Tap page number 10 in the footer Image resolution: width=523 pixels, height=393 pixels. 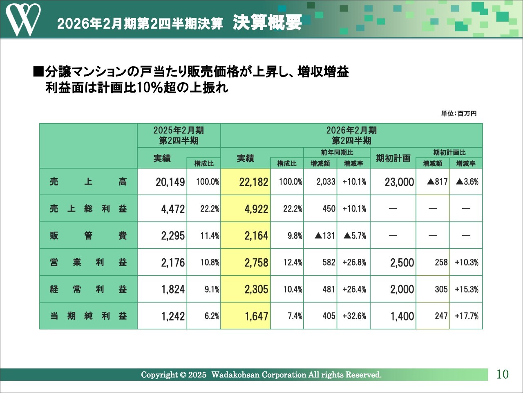click(x=503, y=374)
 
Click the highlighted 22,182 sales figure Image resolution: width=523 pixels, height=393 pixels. click(x=254, y=182)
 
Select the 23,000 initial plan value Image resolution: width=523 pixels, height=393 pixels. click(x=399, y=182)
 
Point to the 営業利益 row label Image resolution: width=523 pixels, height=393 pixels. click(x=88, y=262)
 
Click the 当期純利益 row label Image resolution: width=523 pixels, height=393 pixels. click(x=88, y=316)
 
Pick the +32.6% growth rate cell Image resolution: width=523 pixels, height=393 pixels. click(x=354, y=316)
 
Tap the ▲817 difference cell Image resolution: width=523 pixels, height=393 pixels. click(x=437, y=182)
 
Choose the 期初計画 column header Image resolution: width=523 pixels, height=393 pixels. click(x=393, y=158)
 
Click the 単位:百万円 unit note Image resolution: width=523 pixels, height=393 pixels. click(x=458, y=113)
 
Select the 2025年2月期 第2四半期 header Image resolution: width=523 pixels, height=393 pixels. click(x=179, y=136)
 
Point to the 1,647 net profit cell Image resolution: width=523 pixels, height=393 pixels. click(x=256, y=316)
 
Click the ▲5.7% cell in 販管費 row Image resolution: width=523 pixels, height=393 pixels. click(x=354, y=236)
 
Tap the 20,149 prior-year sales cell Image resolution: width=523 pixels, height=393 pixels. click(x=170, y=182)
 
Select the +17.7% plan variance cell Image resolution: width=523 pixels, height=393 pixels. click(x=467, y=316)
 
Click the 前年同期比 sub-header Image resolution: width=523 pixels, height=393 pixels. click(x=337, y=152)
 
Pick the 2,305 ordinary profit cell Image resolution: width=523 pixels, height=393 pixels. click(x=256, y=289)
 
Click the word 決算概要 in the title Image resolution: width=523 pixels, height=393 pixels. click(x=267, y=23)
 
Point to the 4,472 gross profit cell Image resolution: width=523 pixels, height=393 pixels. click(x=173, y=209)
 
